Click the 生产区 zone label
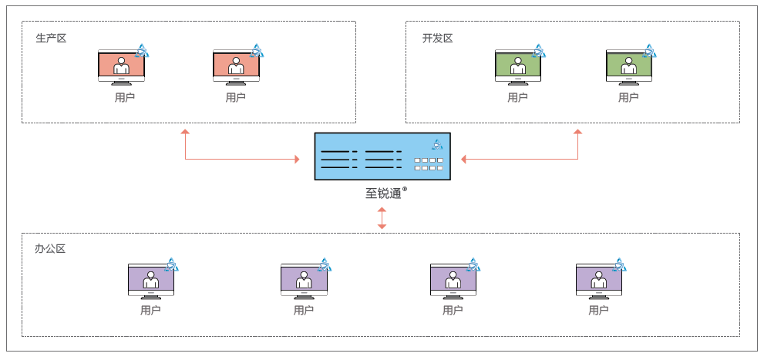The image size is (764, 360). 51,38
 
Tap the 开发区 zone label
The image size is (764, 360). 437,38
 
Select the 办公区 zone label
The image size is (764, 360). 51,249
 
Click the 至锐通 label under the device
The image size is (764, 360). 384,193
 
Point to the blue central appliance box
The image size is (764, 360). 382,156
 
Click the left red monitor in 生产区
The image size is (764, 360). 121,67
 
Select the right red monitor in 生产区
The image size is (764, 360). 236,67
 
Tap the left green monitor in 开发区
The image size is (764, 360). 518,67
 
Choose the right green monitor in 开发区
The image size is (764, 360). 629,67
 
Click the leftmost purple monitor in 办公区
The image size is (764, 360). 151,281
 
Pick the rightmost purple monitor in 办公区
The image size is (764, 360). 599,281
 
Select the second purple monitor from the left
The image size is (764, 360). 304,281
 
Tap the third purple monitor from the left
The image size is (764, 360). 453,281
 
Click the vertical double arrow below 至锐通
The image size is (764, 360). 382,217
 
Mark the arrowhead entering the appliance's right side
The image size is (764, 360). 465,160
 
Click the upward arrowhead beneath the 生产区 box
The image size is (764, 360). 185,133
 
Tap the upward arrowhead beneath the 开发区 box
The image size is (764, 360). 577,133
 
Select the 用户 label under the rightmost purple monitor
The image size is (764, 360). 598,311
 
